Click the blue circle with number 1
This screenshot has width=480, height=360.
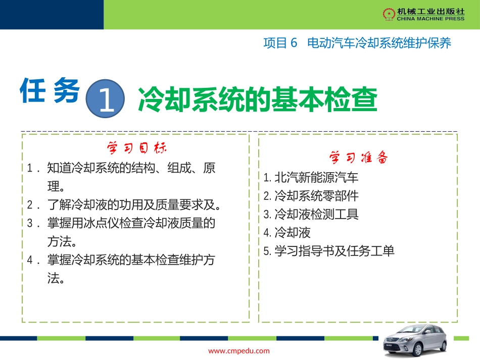click(106, 96)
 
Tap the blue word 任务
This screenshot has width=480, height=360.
click(51, 91)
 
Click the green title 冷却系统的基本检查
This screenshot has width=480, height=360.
click(257, 98)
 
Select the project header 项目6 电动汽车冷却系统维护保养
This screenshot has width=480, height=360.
click(357, 43)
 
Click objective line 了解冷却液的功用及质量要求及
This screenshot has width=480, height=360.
click(134, 205)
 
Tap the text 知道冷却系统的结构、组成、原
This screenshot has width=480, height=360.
click(131, 168)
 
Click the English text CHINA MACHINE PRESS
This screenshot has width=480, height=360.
click(423, 19)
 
